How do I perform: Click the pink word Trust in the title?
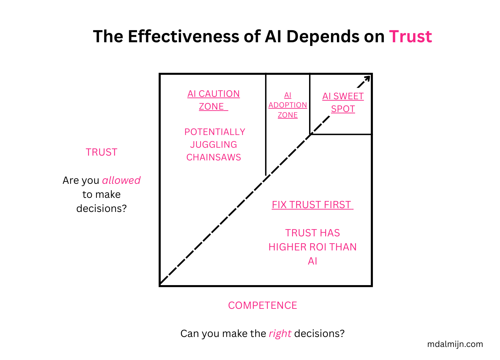(x=410, y=36)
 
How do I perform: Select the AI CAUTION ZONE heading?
(x=214, y=100)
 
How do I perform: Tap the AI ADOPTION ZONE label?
(x=288, y=105)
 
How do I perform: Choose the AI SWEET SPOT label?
(x=343, y=102)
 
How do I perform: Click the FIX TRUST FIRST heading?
(x=312, y=205)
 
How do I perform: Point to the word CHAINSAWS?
(x=214, y=157)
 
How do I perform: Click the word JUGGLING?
(x=214, y=145)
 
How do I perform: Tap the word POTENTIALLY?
(x=215, y=132)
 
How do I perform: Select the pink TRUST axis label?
(x=101, y=152)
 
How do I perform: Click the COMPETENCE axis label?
(x=262, y=305)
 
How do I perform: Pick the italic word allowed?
(x=121, y=180)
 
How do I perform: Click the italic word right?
(x=280, y=334)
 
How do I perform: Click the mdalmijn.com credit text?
(x=455, y=344)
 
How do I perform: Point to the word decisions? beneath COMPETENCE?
(x=319, y=334)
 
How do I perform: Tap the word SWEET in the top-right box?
(x=349, y=96)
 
